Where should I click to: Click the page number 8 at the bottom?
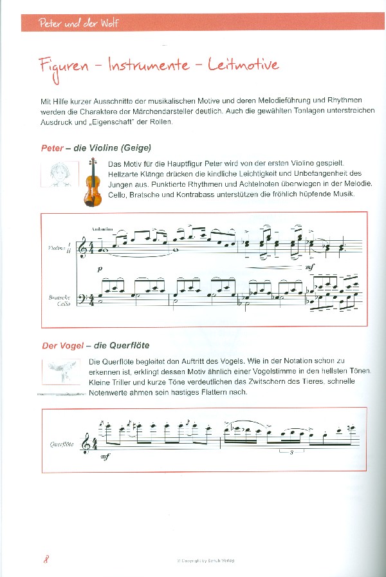pos(46,558)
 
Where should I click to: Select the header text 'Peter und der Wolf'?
pos(78,24)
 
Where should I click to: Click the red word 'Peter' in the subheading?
pos(52,148)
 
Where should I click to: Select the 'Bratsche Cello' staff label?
pos(59,301)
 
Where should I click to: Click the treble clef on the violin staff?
pos(82,248)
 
